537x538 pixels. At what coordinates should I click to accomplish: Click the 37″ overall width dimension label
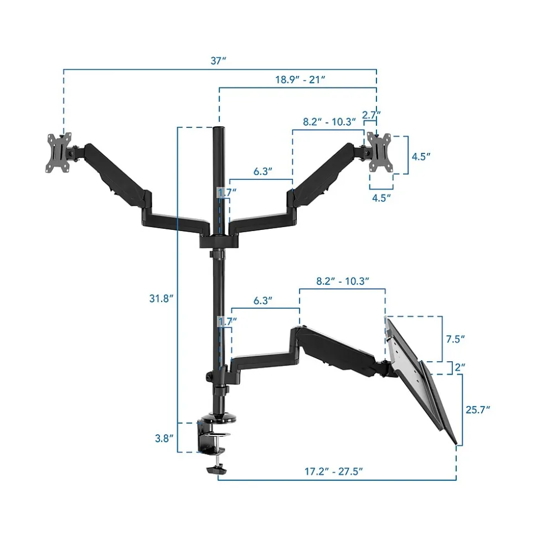(219, 61)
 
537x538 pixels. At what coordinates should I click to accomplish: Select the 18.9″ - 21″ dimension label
(300, 80)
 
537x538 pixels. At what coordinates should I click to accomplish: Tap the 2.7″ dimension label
(371, 115)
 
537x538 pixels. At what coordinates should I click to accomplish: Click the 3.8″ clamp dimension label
(164, 438)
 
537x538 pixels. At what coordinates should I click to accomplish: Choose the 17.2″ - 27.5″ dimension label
(334, 472)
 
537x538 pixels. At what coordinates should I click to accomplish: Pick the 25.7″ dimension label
(478, 409)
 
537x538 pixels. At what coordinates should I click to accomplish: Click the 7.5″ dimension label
(456, 339)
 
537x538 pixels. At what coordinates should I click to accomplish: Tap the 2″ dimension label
(460, 367)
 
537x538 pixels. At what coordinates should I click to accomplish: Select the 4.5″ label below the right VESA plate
(381, 198)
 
